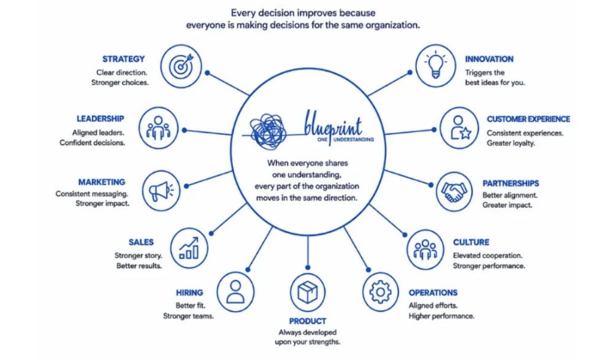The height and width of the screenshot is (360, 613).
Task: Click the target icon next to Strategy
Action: tap(181, 66)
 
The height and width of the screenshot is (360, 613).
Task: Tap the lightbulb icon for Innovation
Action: tap(435, 66)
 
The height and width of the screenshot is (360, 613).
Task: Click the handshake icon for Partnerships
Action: tap(454, 192)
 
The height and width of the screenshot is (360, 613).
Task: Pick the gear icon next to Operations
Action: tap(381, 292)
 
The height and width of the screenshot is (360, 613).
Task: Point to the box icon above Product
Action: tap(308, 293)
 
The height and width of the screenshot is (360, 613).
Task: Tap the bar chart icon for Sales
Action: tap(189, 248)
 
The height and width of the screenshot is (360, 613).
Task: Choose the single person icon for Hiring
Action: tap(235, 292)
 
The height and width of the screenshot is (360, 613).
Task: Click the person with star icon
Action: tap(459, 128)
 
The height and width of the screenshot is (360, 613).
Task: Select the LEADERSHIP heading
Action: tap(100, 118)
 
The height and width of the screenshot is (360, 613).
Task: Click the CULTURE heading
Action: tap(471, 242)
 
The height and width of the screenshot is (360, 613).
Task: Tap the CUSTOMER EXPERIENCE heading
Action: tap(528, 119)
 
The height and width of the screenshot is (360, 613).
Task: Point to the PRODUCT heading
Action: tap(307, 321)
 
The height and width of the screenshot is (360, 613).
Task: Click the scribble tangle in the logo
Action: tap(268, 131)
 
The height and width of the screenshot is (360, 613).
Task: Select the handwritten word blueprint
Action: tap(333, 124)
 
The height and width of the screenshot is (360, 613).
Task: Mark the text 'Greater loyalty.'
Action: tap(511, 144)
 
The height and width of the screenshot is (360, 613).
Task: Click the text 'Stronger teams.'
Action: tap(188, 316)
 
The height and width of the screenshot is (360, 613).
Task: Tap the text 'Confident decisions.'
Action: tap(93, 143)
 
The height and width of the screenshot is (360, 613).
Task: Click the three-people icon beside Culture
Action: tap(425, 250)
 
